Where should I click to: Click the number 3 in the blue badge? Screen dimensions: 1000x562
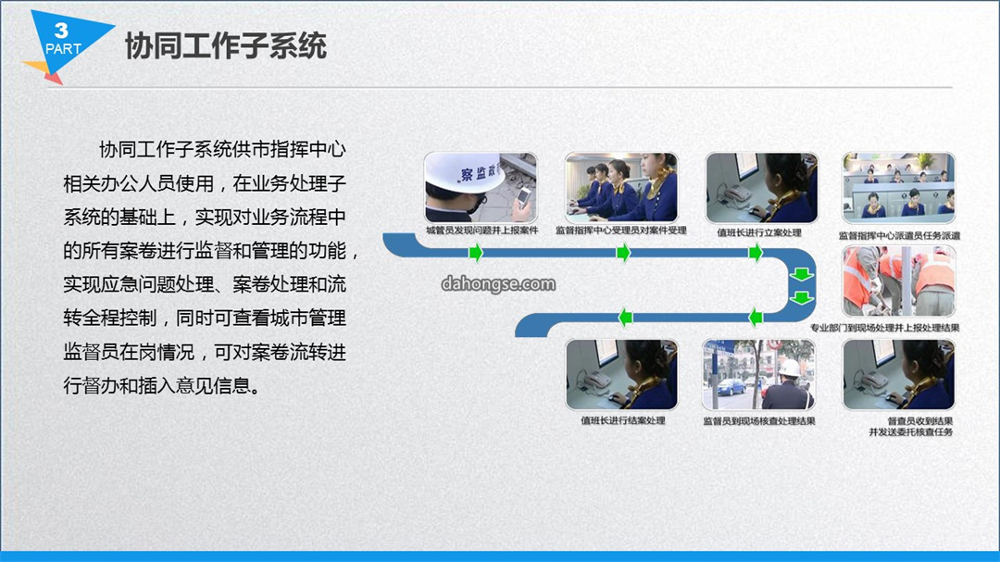[61, 30]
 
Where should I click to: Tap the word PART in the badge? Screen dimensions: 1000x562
[63, 49]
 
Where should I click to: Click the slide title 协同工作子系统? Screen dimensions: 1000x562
[226, 46]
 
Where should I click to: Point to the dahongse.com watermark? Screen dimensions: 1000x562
[498, 284]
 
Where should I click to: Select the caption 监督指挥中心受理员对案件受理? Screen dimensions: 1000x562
[621, 231]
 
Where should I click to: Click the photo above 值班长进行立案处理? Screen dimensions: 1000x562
[761, 188]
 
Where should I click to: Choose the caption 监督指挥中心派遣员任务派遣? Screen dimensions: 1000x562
[899, 235]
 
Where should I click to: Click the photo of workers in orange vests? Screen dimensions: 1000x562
[899, 281]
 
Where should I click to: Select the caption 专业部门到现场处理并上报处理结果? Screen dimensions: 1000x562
[885, 328]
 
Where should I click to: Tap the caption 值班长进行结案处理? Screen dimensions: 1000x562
[623, 420]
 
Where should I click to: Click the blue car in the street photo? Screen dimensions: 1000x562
[731, 387]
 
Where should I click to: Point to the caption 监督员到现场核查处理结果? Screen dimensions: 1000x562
[759, 421]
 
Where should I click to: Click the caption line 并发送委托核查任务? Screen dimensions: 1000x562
[911, 431]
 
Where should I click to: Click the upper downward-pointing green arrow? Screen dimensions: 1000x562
[802, 275]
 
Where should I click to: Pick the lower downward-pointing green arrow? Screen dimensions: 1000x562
[802, 297]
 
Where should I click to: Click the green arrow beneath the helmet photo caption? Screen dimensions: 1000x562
[476, 253]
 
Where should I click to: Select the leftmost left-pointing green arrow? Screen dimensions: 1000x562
[626, 317]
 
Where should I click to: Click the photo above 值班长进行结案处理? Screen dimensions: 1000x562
[622, 374]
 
